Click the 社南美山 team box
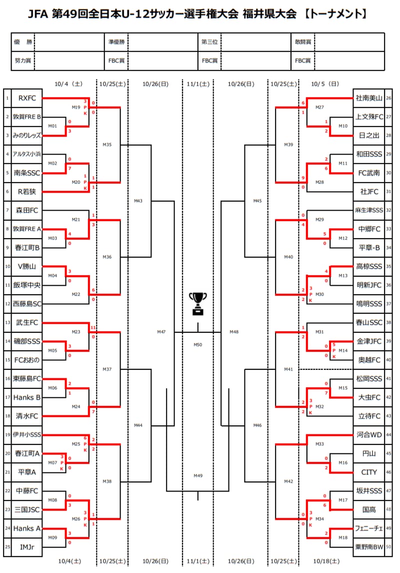pyautogui.click(x=368, y=98)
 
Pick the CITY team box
pyautogui.click(x=368, y=472)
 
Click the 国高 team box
pyautogui.click(x=368, y=509)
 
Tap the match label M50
pyautogui.click(x=198, y=345)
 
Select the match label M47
pyautogui.click(x=161, y=332)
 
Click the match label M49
pyautogui.click(x=198, y=476)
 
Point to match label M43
pyautogui.click(x=138, y=201)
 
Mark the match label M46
pyautogui.click(x=257, y=425)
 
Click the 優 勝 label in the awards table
pyautogui.click(x=23, y=43)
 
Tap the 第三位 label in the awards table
pyautogui.click(x=209, y=43)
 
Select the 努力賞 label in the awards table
pyautogui.click(x=23, y=61)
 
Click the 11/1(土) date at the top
pyautogui.click(x=198, y=84)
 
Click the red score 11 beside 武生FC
pyautogui.click(x=93, y=327)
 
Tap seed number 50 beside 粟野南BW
pyautogui.click(x=389, y=547)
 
